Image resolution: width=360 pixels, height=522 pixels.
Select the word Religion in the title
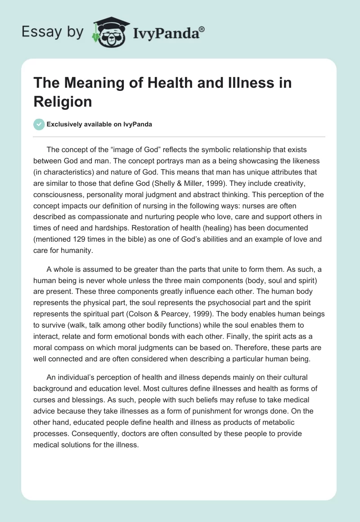(x=63, y=101)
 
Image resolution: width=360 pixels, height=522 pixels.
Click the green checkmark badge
(x=40, y=124)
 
